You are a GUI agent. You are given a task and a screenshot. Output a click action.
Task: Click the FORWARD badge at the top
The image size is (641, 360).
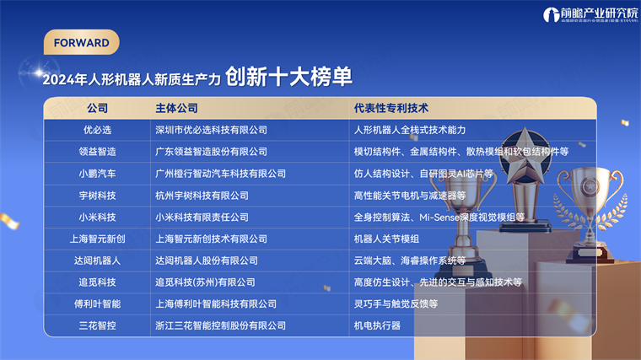[x=81, y=42]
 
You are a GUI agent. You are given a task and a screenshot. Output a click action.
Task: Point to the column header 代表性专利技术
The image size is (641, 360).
[x=392, y=109]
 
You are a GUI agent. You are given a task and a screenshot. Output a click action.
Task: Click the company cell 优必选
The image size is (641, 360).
[x=97, y=130]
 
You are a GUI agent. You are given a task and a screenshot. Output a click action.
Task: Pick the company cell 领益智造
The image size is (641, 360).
[x=97, y=152]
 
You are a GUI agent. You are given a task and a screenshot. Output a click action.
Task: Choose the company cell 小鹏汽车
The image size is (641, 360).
[x=97, y=174]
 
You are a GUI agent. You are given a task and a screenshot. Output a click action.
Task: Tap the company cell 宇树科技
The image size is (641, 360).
[x=97, y=196]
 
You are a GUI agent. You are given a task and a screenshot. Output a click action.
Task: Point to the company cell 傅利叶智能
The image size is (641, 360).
[x=97, y=304]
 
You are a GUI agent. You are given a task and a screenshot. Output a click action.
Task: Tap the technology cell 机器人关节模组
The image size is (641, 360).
[x=387, y=239]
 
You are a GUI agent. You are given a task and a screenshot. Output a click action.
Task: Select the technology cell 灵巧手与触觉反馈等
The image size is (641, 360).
[x=396, y=304]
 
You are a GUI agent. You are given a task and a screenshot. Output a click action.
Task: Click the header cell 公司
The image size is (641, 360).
[x=97, y=109]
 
